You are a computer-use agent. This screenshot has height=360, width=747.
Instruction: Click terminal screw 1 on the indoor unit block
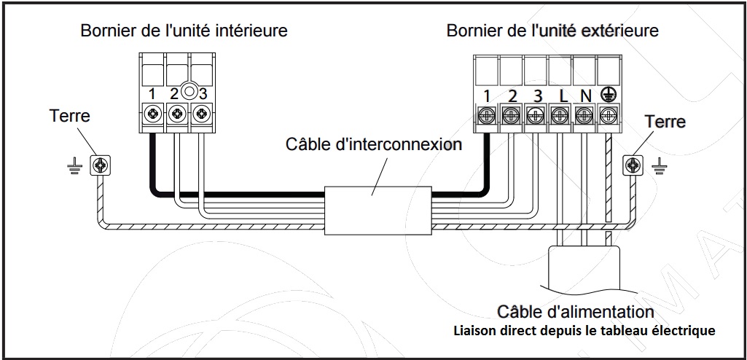point(152,114)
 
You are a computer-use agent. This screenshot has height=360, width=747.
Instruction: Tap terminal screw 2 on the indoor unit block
point(177,114)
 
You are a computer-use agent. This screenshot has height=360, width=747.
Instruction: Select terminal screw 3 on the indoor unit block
point(202,114)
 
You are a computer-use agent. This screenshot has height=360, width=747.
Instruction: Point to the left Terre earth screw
point(101,165)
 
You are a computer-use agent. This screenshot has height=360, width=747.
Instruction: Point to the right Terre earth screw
point(633,165)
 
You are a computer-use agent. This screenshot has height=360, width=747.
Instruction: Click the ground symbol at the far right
point(659,167)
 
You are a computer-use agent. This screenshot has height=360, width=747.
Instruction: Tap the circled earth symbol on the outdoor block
point(606,94)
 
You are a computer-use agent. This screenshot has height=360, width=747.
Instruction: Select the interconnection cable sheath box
point(378,210)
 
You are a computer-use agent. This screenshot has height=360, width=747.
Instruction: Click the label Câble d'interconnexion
point(373,144)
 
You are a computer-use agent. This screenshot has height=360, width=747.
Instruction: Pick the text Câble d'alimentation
point(575,312)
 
